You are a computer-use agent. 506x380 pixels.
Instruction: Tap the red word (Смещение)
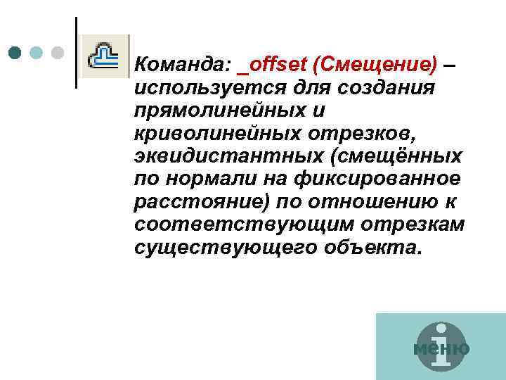375,65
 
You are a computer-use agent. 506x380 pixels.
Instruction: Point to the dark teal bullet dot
15,52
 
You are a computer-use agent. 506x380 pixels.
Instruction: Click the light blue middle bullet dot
37,52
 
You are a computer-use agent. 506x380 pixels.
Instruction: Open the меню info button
441,348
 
